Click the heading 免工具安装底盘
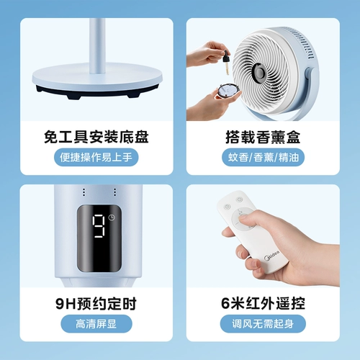(x=96, y=136)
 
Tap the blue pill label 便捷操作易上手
(x=96, y=157)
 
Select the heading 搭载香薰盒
(x=262, y=136)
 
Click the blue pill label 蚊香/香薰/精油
(x=262, y=157)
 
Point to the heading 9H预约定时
(x=96, y=302)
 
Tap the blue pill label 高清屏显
(x=96, y=323)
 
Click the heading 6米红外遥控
(x=262, y=302)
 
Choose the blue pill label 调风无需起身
(x=262, y=323)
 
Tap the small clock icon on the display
(x=115, y=217)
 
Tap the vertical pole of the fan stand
(x=96, y=43)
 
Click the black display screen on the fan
(x=100, y=234)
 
